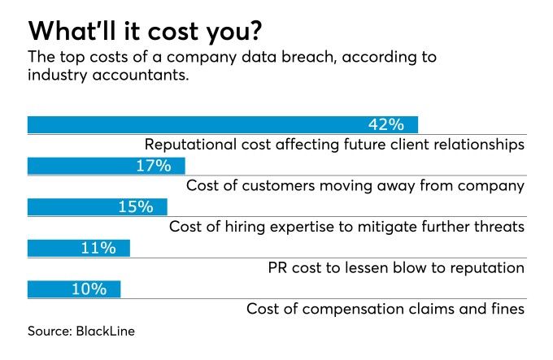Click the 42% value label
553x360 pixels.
[385, 124]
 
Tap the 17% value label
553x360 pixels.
[153, 166]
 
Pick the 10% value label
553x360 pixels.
[89, 288]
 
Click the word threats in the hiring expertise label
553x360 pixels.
[497, 227]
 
